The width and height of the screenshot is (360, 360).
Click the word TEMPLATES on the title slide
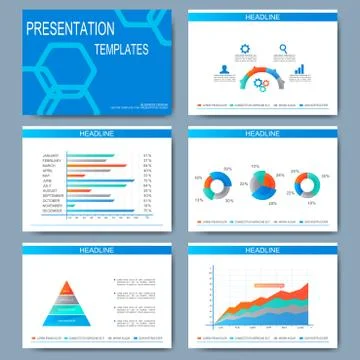pyautogui.click(x=123, y=48)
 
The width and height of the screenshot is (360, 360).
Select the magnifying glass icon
pyautogui.click(x=284, y=49)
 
